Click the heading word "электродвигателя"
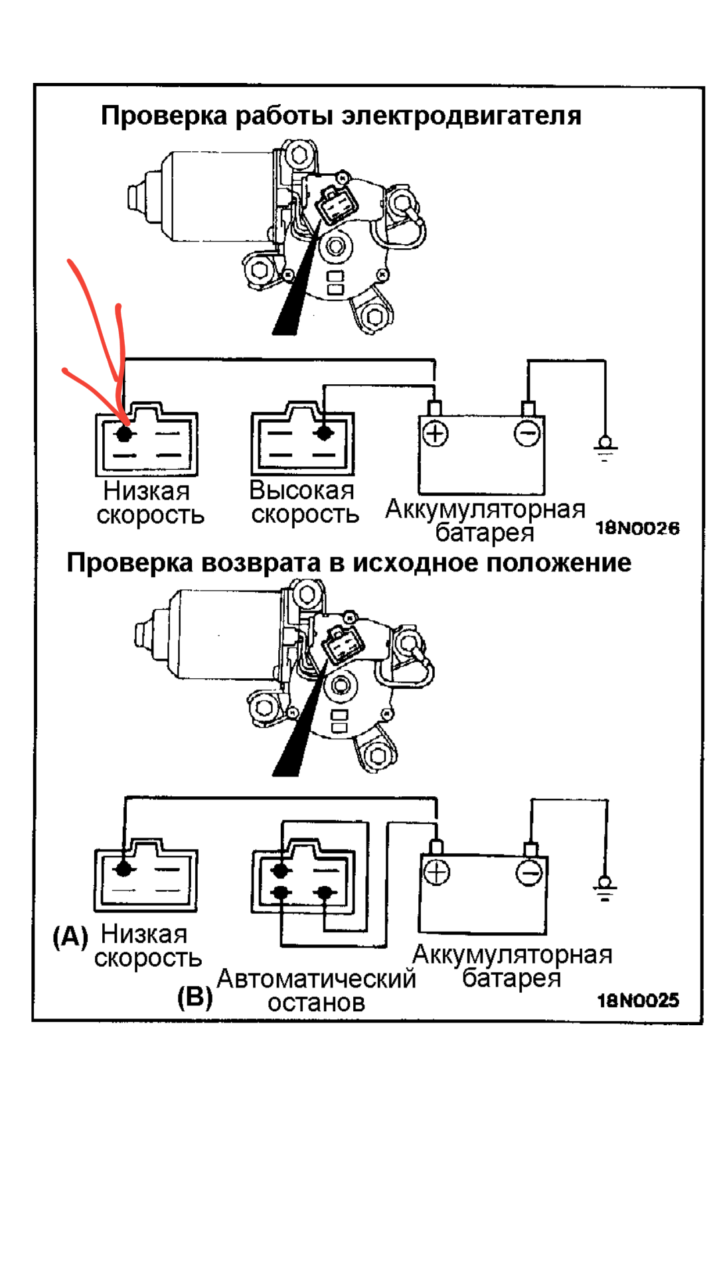pos(461,116)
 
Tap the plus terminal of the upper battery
pos(436,434)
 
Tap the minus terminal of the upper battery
pos(528,434)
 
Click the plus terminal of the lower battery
pos(437,872)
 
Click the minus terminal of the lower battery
pos(529,873)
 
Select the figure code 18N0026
pos(637,528)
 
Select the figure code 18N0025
pos(638,1000)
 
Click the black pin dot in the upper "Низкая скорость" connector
pos(124,434)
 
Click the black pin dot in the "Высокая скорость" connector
pos(324,433)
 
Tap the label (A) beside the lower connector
pos(70,936)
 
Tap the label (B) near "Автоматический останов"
pos(195,997)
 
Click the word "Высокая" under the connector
pos(302,490)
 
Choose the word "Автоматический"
pos(316,979)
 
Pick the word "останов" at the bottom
pos(316,1003)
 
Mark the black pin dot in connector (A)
pos(123,869)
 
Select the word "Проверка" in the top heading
pos(164,116)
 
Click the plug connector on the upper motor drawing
pos(335,204)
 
